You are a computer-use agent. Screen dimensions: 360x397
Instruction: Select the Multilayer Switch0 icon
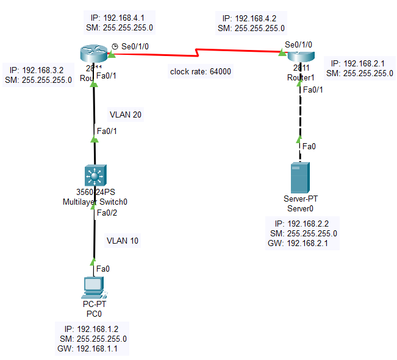(94, 177)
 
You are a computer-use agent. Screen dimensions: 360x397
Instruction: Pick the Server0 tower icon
(298, 177)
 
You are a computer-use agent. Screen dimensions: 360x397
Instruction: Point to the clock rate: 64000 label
(201, 71)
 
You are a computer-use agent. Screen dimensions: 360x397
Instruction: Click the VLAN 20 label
(126, 114)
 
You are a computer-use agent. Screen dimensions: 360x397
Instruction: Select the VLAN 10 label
(122, 241)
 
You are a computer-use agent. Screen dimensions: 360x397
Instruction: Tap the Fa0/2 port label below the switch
(107, 213)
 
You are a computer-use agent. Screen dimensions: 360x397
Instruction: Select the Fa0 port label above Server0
(310, 146)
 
